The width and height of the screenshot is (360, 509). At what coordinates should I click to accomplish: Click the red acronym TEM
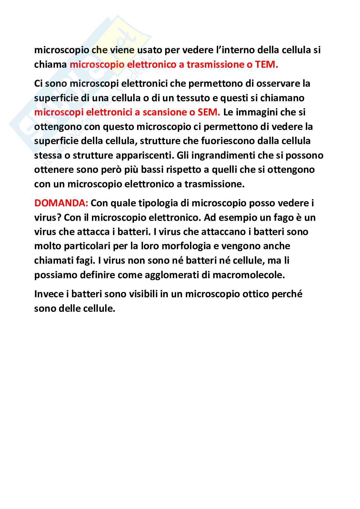pyautogui.click(x=266, y=64)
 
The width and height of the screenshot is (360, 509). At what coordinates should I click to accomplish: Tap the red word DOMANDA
pyautogui.click(x=61, y=203)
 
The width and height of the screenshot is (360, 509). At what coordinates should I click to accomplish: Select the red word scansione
pyautogui.click(x=165, y=112)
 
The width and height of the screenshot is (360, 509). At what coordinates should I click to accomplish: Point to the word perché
pyautogui.click(x=287, y=294)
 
